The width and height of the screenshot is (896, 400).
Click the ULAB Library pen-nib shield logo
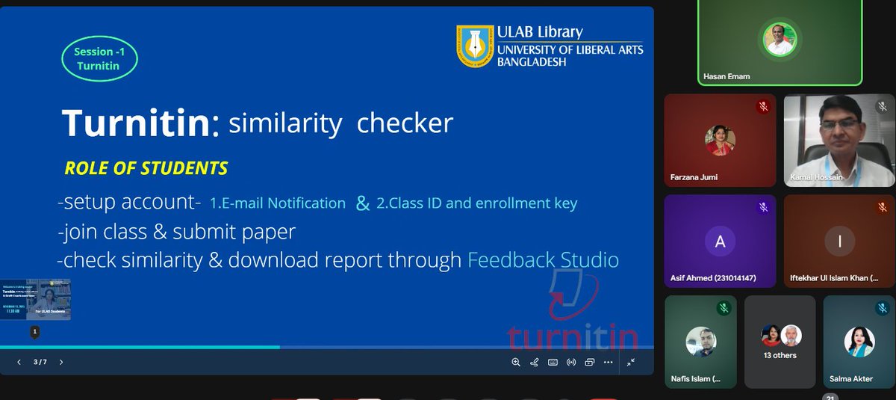[474, 46]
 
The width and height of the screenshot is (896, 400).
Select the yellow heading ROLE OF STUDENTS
[146, 168]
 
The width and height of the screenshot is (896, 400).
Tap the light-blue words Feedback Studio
[543, 260]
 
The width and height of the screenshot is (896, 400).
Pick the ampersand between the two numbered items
[363, 203]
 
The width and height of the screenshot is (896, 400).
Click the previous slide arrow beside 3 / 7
[19, 362]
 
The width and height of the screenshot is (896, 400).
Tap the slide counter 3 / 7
[40, 362]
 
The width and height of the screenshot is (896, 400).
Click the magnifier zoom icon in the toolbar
[516, 362]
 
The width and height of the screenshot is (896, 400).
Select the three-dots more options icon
[609, 362]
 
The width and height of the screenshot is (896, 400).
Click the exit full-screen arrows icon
[631, 362]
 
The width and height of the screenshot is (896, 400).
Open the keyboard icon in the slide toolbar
[553, 362]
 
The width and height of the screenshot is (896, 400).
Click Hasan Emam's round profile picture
[780, 39]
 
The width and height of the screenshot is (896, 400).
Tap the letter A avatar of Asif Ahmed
[720, 241]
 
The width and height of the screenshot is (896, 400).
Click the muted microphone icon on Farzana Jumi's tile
[763, 106]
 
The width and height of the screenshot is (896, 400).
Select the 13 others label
[780, 355]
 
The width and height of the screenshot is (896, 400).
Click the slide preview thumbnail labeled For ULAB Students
[36, 299]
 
